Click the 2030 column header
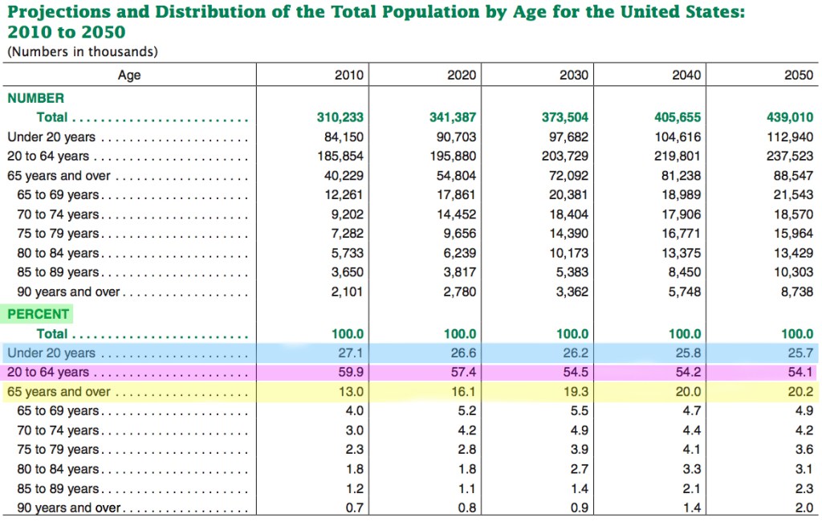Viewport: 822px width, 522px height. [x=573, y=75]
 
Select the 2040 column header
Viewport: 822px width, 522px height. [x=686, y=75]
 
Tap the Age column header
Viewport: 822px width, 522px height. [x=129, y=75]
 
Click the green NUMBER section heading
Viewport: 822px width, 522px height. [x=35, y=98]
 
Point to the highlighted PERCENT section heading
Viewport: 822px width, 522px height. [x=39, y=314]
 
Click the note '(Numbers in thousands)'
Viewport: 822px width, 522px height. [x=83, y=52]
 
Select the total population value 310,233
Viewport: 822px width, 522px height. [x=340, y=117]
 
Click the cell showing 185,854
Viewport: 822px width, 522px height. [x=341, y=157]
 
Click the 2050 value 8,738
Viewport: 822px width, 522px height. [x=797, y=292]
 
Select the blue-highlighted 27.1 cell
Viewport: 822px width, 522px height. [x=352, y=353]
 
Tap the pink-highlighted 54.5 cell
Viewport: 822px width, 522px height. [x=576, y=373]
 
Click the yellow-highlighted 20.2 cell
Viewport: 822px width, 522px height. [x=801, y=393]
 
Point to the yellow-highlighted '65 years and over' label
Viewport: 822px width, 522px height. [x=59, y=393]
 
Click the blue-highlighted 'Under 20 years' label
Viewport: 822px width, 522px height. [x=51, y=353]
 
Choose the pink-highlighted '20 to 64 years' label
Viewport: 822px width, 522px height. [x=48, y=373]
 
